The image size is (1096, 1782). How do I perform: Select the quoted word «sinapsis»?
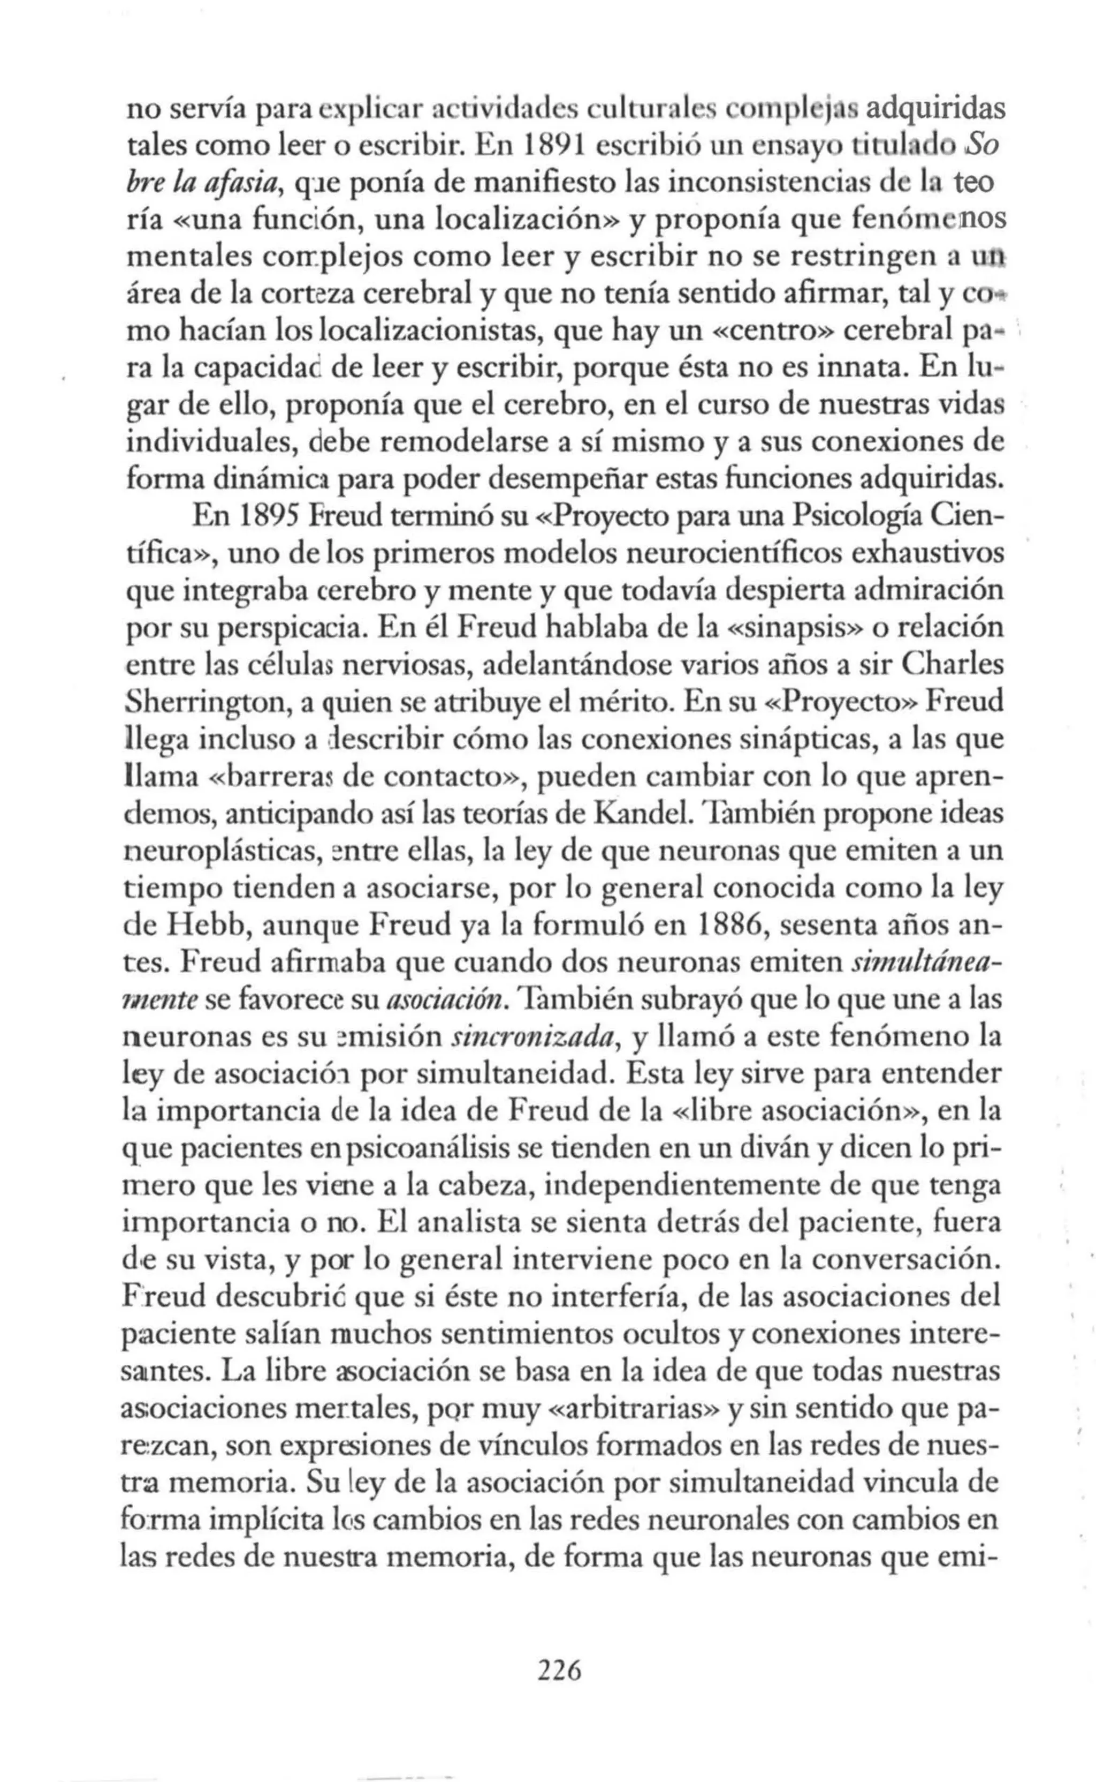pyautogui.click(x=794, y=627)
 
